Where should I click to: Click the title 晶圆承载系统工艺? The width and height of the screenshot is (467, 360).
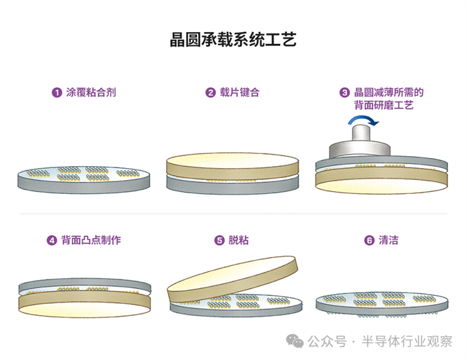pos(233,39)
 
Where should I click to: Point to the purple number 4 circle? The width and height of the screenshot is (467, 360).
pos(51,241)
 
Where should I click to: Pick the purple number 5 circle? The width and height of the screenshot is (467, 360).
pos(219,241)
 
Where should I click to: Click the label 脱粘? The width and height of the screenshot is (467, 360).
pos(239,241)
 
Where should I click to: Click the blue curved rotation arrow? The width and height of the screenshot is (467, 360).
pos(364,120)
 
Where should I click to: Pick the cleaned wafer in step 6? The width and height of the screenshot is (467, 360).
pos(380,300)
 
